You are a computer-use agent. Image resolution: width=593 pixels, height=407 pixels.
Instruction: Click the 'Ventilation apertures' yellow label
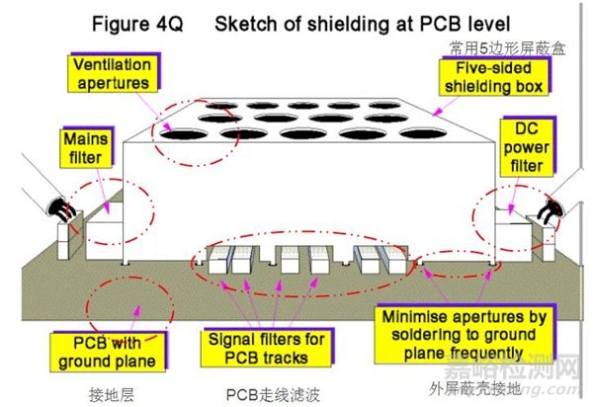tap(113, 74)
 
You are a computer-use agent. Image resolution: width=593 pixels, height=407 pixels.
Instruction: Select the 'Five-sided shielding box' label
tap(493, 77)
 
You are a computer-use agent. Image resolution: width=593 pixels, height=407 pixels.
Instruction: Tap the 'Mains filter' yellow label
tap(86, 148)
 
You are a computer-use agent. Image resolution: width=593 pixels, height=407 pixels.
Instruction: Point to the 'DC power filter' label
tap(526, 148)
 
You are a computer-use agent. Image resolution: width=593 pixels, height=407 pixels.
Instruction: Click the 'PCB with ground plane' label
tap(108, 353)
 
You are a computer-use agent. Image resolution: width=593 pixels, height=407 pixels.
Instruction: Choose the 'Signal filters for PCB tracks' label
tap(266, 348)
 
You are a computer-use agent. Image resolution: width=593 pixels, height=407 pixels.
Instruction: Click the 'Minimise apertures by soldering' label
tap(465, 335)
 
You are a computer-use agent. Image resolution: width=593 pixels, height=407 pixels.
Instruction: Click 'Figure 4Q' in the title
tap(137, 24)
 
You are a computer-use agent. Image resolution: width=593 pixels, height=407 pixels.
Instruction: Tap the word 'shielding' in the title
tap(348, 24)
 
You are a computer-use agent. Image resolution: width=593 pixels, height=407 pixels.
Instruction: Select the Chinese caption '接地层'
tap(111, 395)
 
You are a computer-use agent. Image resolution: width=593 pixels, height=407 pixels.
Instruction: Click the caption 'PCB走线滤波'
tap(273, 395)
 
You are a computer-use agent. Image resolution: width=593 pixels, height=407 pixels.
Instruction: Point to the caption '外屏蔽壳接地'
tap(474, 388)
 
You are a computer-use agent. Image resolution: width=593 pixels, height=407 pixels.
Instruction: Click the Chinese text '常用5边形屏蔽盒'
tap(507, 48)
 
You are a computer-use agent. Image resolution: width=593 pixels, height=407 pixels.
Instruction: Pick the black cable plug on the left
tap(59, 208)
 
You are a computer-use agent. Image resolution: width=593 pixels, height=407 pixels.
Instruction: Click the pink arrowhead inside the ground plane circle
tap(137, 310)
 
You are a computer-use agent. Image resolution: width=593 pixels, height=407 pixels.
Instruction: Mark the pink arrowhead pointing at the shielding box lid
tap(437, 112)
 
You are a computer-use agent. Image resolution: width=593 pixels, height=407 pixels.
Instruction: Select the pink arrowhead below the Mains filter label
tap(107, 207)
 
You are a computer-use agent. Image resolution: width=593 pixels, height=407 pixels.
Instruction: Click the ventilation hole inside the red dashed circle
tap(184, 133)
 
